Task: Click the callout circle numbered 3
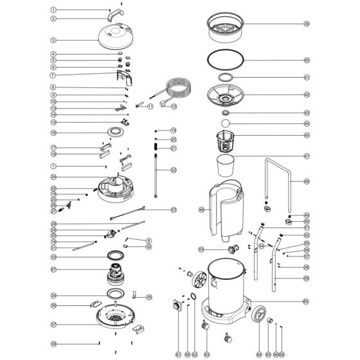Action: pos(54,40)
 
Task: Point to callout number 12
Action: pos(174,105)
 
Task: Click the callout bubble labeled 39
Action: pos(307,24)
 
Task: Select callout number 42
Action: pos(307,94)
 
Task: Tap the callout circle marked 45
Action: pos(307,136)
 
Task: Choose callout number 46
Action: pos(202,209)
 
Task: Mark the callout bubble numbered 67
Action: pos(54,269)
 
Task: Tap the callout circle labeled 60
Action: pos(307,301)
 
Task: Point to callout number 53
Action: pos(201,249)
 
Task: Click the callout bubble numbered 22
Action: pos(174,170)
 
